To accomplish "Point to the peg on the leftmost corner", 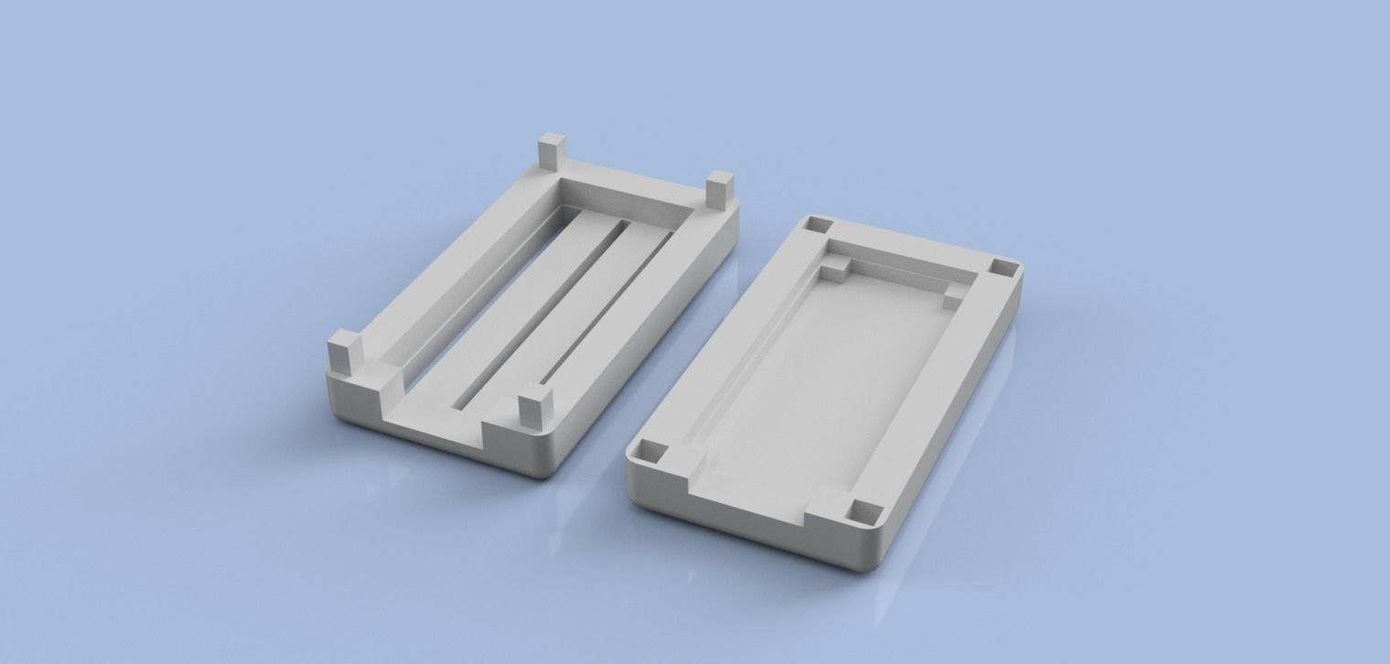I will coord(344,353).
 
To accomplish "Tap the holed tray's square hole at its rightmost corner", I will coord(1003,267).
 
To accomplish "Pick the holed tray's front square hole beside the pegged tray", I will coord(655,450).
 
